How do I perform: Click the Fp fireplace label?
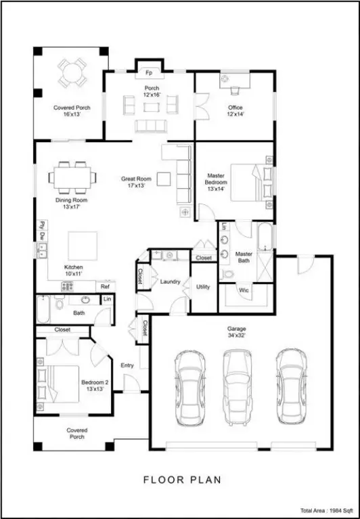pyautogui.click(x=150, y=73)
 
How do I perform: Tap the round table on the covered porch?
pyautogui.click(x=72, y=72)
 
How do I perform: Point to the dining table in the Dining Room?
pyautogui.click(x=72, y=177)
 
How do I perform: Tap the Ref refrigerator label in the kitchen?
pyautogui.click(x=105, y=287)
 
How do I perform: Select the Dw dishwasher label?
pyautogui.click(x=42, y=236)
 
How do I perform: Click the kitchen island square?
pyautogui.click(x=83, y=246)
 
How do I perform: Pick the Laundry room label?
pyautogui.click(x=170, y=281)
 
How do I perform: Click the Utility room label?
pyautogui.click(x=203, y=287)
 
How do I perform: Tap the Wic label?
pyautogui.click(x=244, y=290)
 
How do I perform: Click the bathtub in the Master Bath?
pyautogui.click(x=265, y=236)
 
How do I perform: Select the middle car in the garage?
pyautogui.click(x=238, y=387)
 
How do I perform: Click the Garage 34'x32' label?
pyautogui.click(x=237, y=332)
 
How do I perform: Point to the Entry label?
pyautogui.click(x=127, y=365)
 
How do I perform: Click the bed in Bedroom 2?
pyautogui.click(x=58, y=384)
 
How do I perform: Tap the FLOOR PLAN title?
pyautogui.click(x=182, y=480)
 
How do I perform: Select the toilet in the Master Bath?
pyautogui.click(x=228, y=274)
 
